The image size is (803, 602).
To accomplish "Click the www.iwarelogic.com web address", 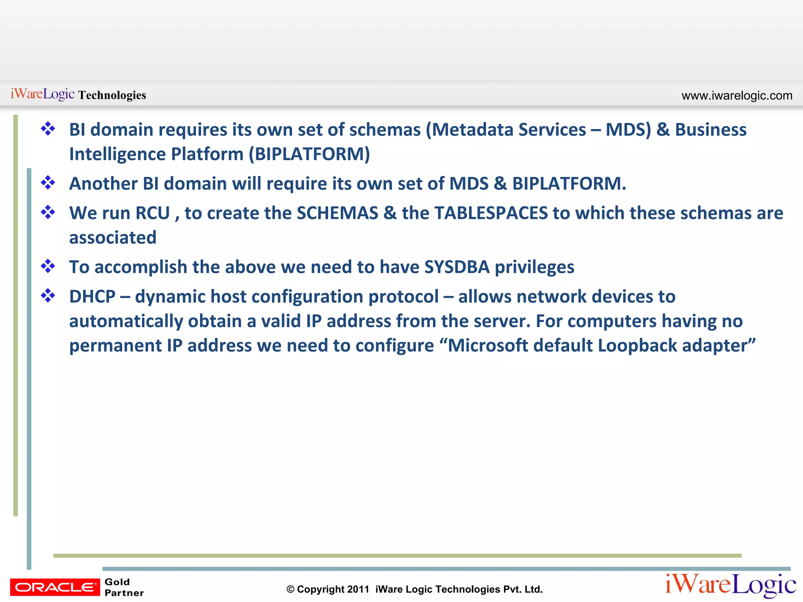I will pos(737,96).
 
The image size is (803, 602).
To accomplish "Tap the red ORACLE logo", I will pos(55,587).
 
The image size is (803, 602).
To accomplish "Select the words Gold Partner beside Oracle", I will pos(124,587).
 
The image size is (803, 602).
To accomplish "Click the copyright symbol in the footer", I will pos(290,589).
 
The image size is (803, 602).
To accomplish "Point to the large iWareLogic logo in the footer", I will pos(730,585).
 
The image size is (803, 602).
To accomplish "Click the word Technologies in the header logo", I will pos(112,95).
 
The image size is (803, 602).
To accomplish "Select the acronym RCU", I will pos(153,213).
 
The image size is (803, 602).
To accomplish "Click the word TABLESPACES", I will pos(491,213).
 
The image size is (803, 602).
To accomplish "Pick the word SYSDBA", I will pos(457,267).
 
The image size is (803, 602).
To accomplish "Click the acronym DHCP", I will pos(92,297).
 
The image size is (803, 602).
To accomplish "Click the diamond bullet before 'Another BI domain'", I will pos(48,183).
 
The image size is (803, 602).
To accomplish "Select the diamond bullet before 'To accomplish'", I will pos(48,266).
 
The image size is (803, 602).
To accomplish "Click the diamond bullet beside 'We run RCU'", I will pos(48,212).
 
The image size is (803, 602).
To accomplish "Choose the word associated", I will pos(113,238).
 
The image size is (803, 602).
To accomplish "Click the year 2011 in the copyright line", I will pos(358,589).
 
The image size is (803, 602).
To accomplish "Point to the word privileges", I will pos(534,267).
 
